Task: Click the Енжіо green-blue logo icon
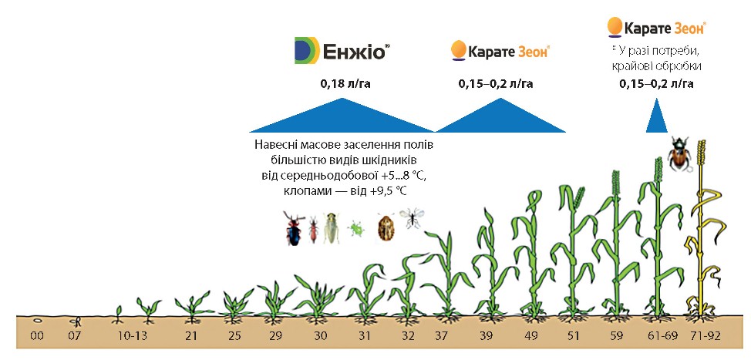pyautogui.click(x=307, y=50)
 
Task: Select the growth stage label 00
pyautogui.click(x=37, y=336)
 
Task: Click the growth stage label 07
pyautogui.click(x=74, y=336)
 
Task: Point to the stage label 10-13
pyautogui.click(x=132, y=336)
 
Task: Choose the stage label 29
pyautogui.click(x=275, y=336)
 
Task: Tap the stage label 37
pyautogui.click(x=443, y=336)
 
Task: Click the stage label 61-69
pyautogui.click(x=662, y=336)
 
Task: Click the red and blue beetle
pyautogui.click(x=293, y=228)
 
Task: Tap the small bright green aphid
pyautogui.click(x=356, y=228)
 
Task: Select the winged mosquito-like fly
pyautogui.click(x=412, y=218)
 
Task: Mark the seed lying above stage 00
pyautogui.click(x=37, y=320)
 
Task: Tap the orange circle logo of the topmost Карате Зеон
pyautogui.click(x=615, y=27)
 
